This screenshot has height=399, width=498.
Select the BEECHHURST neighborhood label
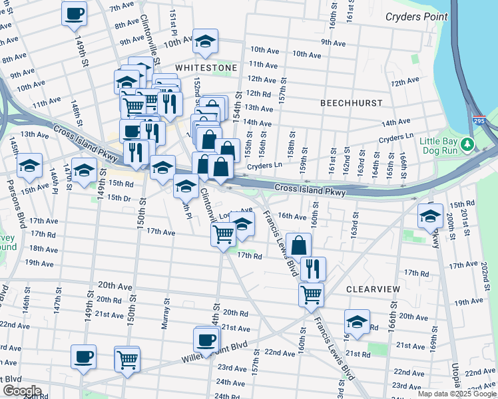coord(351,103)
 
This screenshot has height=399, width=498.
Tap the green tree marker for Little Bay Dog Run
coord(467,144)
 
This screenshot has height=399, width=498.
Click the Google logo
coord(21,391)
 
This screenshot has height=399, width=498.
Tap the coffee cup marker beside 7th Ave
coord(74,14)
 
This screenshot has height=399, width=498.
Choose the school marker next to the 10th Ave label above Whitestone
coord(206,41)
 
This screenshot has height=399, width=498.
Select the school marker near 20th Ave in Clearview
coord(357,322)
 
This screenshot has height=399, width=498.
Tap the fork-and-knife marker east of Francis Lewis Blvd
coord(312,269)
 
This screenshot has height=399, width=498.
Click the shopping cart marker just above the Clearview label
coord(311,294)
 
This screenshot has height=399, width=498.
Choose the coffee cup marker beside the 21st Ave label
coord(206,340)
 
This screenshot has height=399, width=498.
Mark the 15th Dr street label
coord(119,198)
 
